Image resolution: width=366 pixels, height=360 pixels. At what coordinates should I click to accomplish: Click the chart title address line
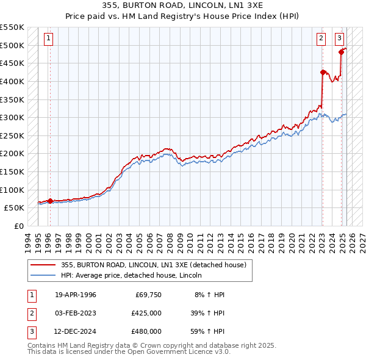pos(183,5)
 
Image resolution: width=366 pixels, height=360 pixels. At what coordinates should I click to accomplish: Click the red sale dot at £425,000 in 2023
pos(323,72)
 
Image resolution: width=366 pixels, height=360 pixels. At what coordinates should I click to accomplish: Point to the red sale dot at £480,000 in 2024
pos(342,52)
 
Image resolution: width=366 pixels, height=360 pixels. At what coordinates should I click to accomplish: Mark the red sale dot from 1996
pos(50,200)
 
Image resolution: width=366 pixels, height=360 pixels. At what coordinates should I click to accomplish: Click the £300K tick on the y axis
pos(12,117)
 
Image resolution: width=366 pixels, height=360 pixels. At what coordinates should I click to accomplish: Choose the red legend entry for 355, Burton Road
pos(153,265)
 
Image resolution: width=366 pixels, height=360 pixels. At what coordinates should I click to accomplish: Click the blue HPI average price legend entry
pos(131,276)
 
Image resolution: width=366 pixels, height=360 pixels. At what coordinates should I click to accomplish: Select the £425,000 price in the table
pos(146,313)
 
